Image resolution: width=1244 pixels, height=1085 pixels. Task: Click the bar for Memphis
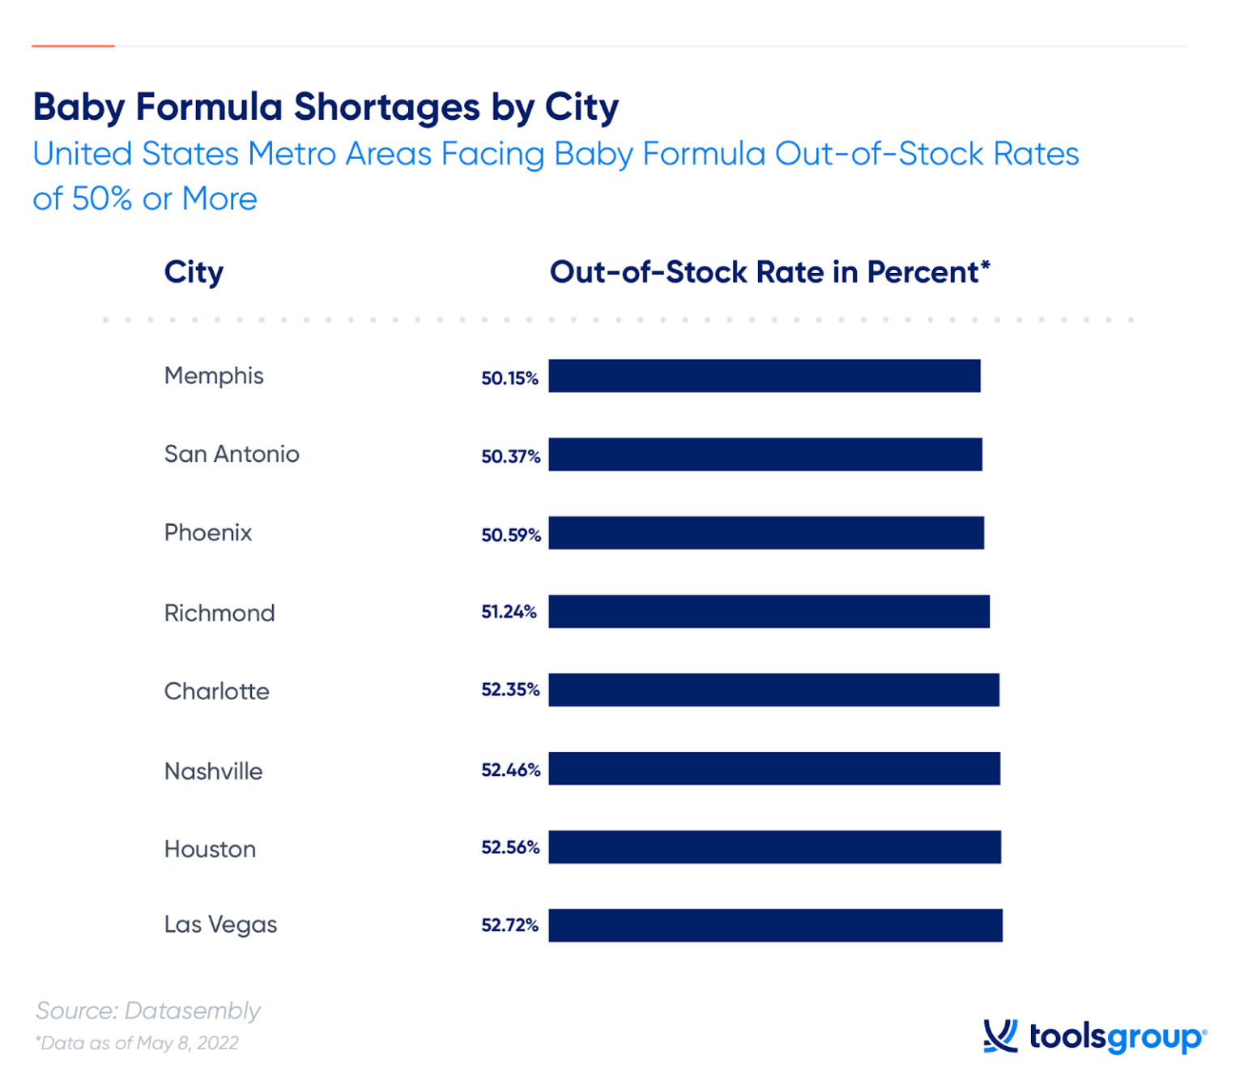click(x=764, y=376)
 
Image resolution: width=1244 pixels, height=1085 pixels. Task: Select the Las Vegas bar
click(x=775, y=925)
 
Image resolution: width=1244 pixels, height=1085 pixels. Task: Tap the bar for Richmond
click(x=769, y=612)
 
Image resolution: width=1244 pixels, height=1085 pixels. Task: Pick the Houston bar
click(x=774, y=847)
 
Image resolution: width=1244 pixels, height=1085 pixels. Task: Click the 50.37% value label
click(x=510, y=456)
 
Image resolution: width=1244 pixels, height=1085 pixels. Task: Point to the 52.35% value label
click(x=510, y=690)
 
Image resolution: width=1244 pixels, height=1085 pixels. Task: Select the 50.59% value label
click(x=510, y=535)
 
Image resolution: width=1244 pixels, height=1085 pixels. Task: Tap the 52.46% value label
click(x=510, y=770)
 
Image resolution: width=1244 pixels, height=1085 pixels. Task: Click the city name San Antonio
click(x=232, y=454)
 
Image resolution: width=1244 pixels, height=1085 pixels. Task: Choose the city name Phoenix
click(x=208, y=532)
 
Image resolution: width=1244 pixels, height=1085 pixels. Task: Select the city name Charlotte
click(x=216, y=691)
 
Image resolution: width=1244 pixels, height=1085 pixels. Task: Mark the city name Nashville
click(x=213, y=771)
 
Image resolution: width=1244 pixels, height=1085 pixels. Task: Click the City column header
click(x=194, y=273)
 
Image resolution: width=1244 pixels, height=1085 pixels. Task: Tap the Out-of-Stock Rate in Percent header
click(x=769, y=272)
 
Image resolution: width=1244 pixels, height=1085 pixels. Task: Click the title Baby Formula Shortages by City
click(x=326, y=107)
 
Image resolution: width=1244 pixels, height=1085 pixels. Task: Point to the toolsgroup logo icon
click(x=1000, y=1036)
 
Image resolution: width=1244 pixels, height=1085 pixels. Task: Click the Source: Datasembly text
click(x=148, y=1010)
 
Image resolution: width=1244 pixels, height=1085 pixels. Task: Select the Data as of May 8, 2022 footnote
click(x=137, y=1043)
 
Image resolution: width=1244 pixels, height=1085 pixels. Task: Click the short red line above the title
click(x=73, y=46)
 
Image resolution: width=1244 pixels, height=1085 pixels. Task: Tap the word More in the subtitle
click(x=219, y=199)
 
